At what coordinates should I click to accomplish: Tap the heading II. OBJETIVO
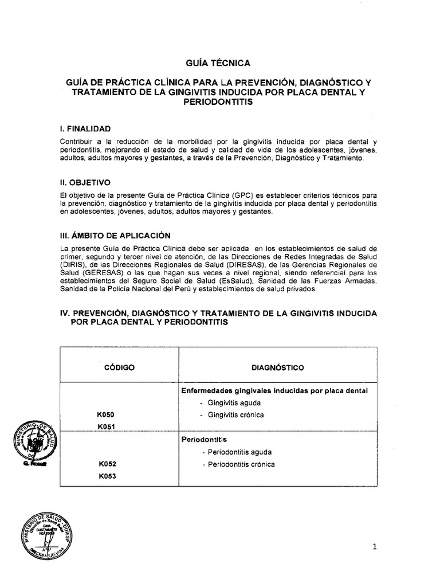pos(85,183)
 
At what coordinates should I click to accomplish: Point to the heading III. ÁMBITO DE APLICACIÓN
pos(115,236)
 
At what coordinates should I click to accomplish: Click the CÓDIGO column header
pos(119,367)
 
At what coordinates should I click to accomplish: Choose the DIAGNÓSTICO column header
pos(278,367)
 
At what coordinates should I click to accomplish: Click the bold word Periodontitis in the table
pos(204,440)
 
